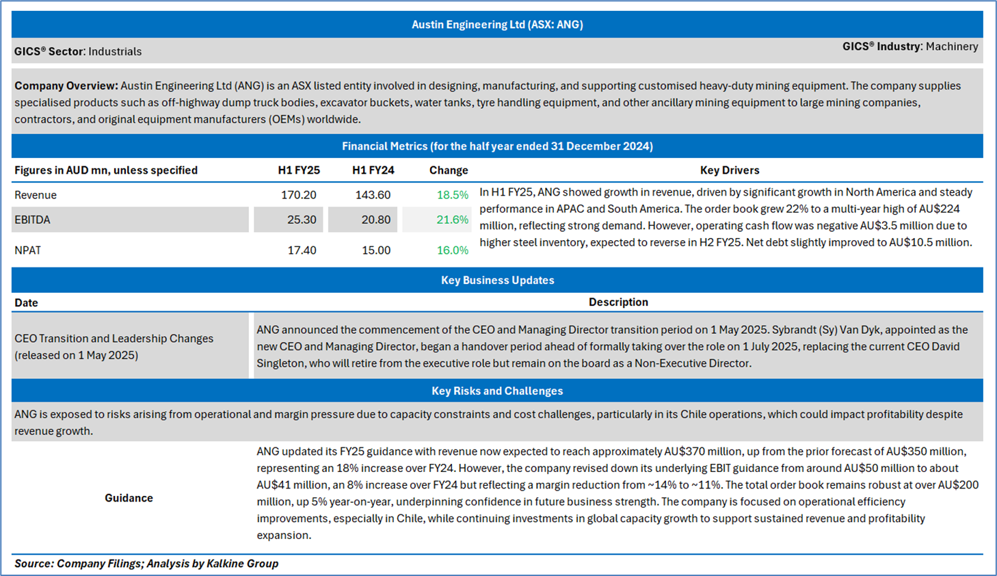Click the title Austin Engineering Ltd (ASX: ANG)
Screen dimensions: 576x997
497,25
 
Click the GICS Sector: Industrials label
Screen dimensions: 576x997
78,51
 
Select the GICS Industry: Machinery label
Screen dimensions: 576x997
909,47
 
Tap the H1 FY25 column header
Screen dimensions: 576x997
299,170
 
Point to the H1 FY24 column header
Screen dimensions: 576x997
373,170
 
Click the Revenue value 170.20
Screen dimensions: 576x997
299,195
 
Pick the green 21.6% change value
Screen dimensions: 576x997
452,220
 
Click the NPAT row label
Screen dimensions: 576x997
28,250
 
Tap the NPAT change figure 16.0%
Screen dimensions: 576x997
452,250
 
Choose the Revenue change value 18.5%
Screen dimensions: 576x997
452,195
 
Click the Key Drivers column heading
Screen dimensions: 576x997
730,170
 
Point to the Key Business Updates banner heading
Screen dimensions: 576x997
497,280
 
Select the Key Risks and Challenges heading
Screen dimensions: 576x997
497,391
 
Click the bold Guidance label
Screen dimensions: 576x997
129,498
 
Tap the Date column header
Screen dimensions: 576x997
26,302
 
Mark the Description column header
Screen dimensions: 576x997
618,302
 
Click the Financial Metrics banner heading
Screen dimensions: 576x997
497,146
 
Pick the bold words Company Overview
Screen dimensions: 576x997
66,86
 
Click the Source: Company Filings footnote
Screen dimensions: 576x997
146,564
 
